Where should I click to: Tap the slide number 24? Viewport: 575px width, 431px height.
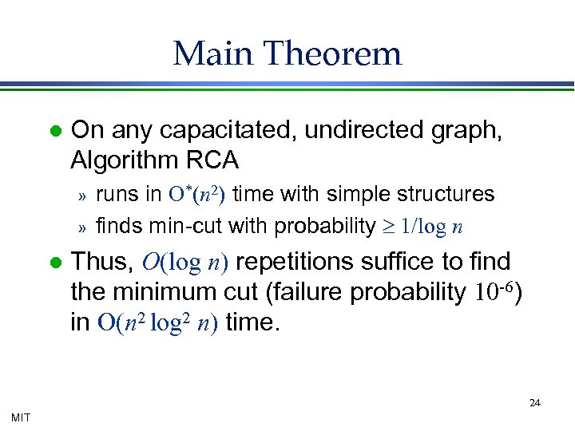pyautogui.click(x=535, y=403)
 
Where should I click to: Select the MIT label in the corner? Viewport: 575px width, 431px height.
pyautogui.click(x=21, y=417)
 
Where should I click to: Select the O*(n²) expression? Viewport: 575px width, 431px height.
pyautogui.click(x=196, y=194)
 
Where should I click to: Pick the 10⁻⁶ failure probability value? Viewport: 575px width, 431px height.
pyautogui.click(x=493, y=293)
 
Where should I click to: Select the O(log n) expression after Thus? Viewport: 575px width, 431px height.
pyautogui.click(x=187, y=261)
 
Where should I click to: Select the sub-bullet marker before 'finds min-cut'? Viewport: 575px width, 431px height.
pyautogui.click(x=80, y=227)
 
